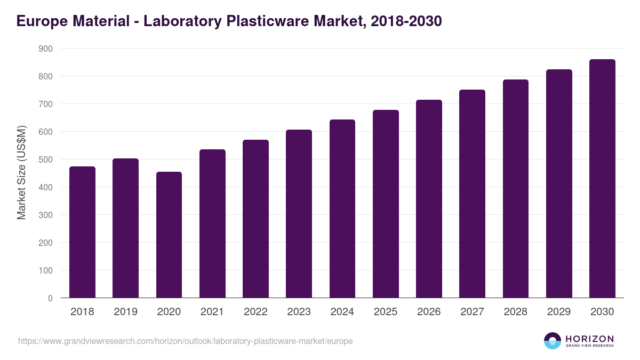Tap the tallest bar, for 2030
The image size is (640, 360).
[602, 179]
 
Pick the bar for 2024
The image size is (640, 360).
[342, 209]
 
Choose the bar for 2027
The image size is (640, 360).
[472, 194]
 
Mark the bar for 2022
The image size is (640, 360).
[255, 219]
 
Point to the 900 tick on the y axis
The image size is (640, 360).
[46, 49]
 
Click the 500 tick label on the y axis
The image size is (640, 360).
[46, 159]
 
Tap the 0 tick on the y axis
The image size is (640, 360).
[50, 298]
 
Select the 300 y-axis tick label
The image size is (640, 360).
[46, 215]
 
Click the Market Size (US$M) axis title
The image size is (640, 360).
[21, 173]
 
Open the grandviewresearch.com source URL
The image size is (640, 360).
[185, 341]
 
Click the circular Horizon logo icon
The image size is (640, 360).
[553, 341]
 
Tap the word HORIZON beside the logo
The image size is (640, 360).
[589, 338]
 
